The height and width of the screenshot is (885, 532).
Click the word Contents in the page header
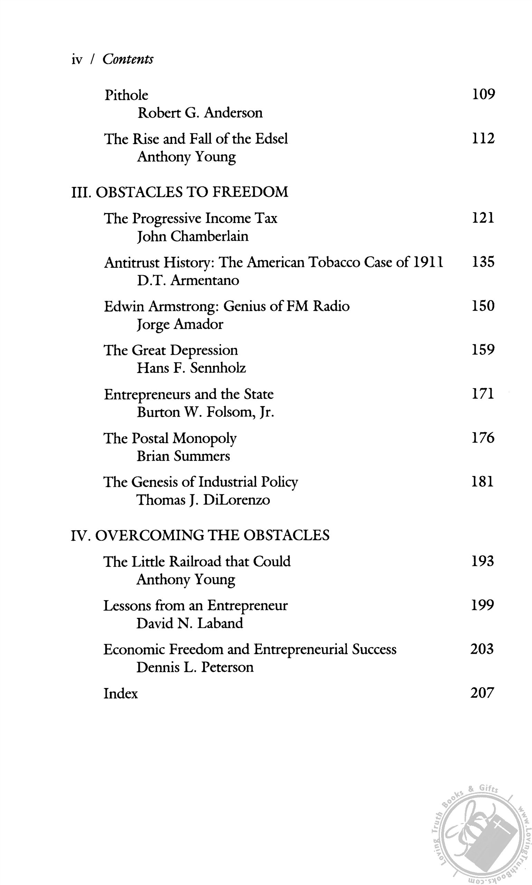(128, 59)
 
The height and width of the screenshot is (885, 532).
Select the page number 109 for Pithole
(483, 94)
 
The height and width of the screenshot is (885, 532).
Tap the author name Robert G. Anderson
(200, 113)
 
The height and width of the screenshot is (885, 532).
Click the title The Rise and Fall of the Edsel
(196, 139)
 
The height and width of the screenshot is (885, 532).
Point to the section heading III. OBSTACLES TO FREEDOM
(180, 192)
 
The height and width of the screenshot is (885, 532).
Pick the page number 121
(483, 218)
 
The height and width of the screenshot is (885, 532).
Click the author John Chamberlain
(192, 236)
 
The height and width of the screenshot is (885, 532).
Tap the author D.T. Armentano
(188, 280)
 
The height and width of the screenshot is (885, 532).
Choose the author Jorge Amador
(180, 324)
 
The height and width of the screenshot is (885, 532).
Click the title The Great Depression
(171, 350)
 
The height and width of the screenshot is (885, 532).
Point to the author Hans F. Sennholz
(191, 368)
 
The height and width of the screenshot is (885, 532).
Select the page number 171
(483, 394)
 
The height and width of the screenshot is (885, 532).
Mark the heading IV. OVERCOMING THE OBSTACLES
(200, 535)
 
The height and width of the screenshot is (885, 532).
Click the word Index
(121, 693)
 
